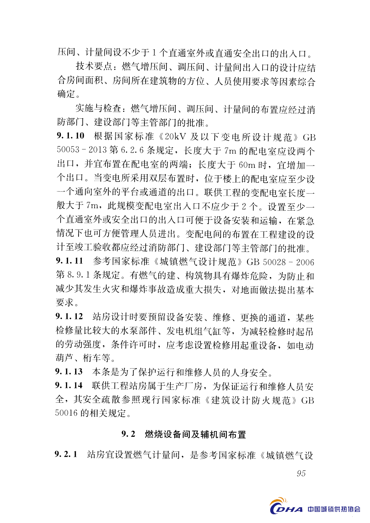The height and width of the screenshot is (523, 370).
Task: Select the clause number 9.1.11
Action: [x=70, y=261]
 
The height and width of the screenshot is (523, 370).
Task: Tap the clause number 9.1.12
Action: [x=69, y=316]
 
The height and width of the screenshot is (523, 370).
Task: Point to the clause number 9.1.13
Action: [x=69, y=372]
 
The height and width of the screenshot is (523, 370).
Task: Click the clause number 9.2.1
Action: [x=66, y=454]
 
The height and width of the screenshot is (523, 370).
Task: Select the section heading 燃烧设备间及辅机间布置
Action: [x=195, y=434]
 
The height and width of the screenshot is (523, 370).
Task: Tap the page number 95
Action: [x=301, y=474]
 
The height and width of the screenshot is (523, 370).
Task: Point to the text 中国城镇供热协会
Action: [x=334, y=509]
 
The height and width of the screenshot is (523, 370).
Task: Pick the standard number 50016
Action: [x=66, y=413]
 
